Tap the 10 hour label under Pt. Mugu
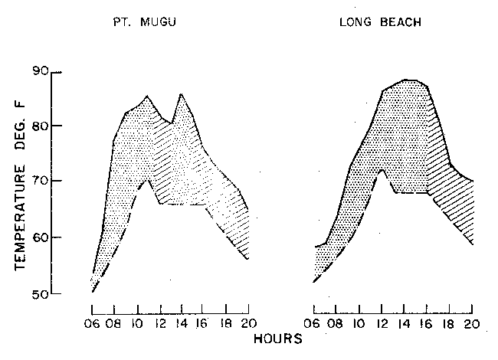(138, 323)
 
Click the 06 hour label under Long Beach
(314, 323)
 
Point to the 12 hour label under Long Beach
(382, 323)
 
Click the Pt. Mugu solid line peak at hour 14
(181, 94)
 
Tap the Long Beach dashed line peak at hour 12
(382, 169)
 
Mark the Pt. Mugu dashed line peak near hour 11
(149, 179)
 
